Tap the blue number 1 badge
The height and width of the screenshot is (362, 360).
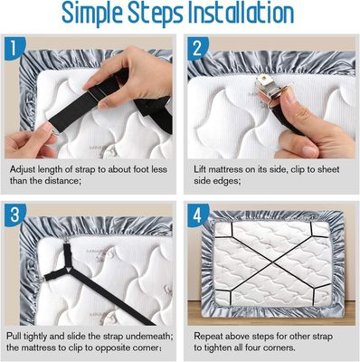point(14,48)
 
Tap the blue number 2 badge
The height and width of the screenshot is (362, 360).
point(197,48)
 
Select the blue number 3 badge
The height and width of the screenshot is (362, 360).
point(14,214)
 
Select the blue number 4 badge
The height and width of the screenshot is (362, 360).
point(198,215)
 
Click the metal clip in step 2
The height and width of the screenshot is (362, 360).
point(268,87)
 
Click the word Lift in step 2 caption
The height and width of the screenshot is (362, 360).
point(200,169)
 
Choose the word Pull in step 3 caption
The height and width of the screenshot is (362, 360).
point(13,336)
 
